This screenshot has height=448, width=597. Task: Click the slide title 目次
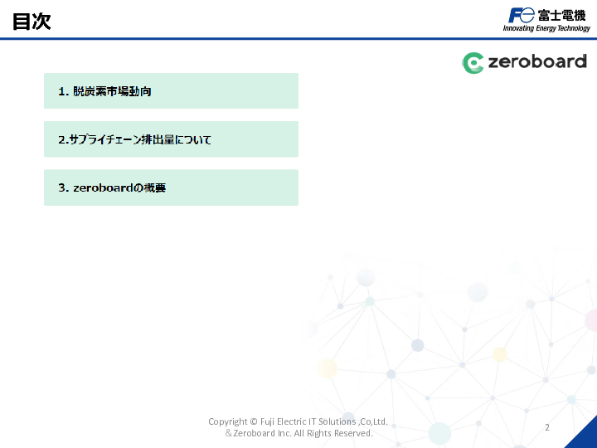[32, 22]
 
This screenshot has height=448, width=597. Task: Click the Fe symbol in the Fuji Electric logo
[522, 15]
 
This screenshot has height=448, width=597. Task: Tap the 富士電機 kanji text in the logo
[561, 15]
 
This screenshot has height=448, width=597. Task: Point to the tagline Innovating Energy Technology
[546, 28]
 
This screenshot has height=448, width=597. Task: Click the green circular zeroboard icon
[473, 62]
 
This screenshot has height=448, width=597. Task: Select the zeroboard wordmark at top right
[536, 62]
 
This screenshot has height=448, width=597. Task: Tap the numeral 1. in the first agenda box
[63, 91]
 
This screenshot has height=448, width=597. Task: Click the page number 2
[547, 427]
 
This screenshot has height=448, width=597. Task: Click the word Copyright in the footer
[227, 421]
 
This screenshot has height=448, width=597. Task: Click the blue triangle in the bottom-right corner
[585, 436]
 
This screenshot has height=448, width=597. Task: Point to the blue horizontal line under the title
[298, 38]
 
